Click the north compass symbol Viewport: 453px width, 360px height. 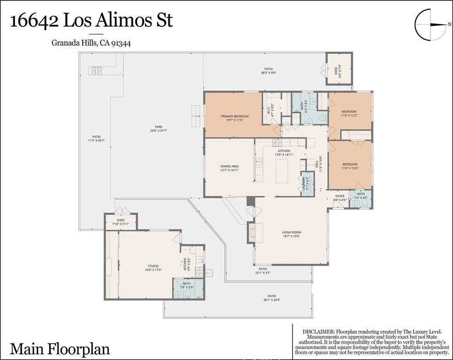[430, 25]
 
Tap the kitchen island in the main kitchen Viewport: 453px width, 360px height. [282, 171]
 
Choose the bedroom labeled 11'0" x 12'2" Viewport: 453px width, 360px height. [349, 114]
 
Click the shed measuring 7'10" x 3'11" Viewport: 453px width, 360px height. [120, 222]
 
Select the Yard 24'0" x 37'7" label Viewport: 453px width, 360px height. [159, 129]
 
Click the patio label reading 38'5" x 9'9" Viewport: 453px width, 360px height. [269, 71]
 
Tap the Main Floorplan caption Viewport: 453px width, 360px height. [60, 349]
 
